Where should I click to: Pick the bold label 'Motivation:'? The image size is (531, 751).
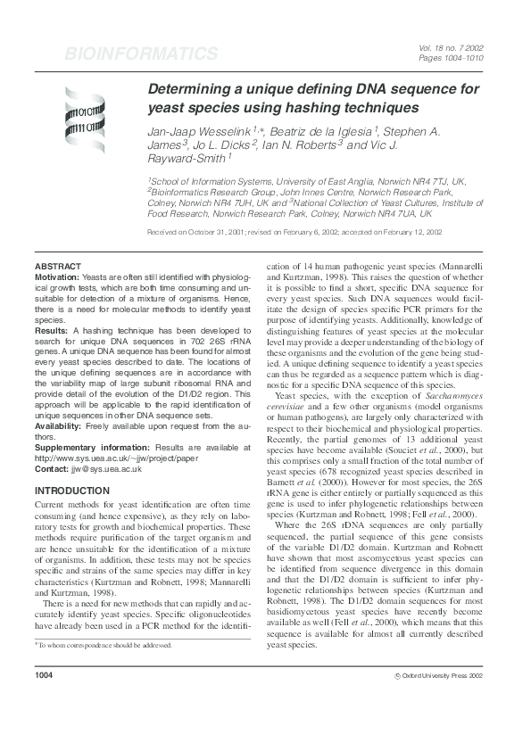coord(57,277)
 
